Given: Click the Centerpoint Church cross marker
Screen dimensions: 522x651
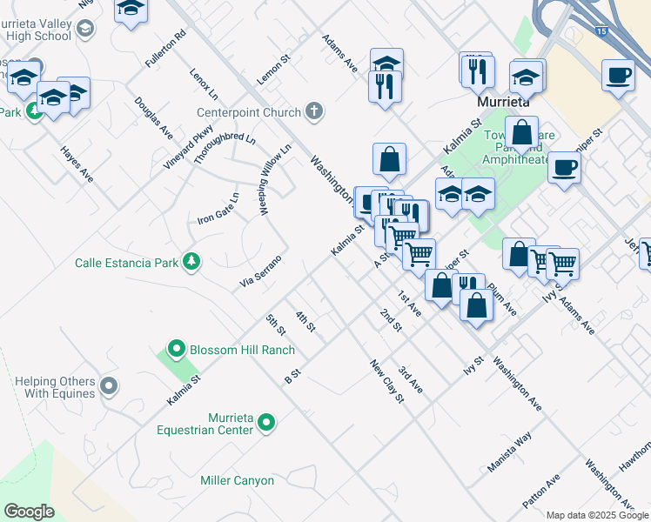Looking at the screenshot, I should pyautogui.click(x=314, y=111).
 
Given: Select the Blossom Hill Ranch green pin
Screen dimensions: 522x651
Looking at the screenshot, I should pyautogui.click(x=177, y=350).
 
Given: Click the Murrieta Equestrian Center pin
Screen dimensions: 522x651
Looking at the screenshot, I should pyautogui.click(x=267, y=423).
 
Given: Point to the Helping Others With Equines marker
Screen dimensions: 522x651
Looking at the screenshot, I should pyautogui.click(x=109, y=385).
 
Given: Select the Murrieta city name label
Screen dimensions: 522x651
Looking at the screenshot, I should pyautogui.click(x=509, y=102).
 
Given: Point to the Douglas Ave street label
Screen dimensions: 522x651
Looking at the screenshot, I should pyautogui.click(x=153, y=117).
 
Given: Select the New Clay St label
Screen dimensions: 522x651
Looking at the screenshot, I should pyautogui.click(x=387, y=381).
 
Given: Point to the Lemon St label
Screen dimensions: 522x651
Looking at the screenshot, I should pyautogui.click(x=272, y=69).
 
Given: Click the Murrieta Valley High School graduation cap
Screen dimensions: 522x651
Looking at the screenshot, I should pyautogui.click(x=84, y=29).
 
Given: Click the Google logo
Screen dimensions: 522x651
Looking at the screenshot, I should pyautogui.click(x=29, y=511).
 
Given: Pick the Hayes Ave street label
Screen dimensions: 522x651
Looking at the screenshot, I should pyautogui.click(x=77, y=164).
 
